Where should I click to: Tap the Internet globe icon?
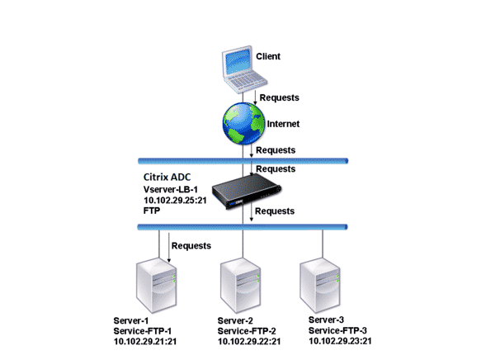pyautogui.click(x=242, y=123)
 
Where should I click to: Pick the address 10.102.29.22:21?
pyautogui.click(x=250, y=341)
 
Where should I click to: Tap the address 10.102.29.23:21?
pyautogui.click(x=339, y=341)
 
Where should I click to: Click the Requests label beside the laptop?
pyautogui.click(x=280, y=97)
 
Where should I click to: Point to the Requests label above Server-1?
pyautogui.click(x=191, y=245)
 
